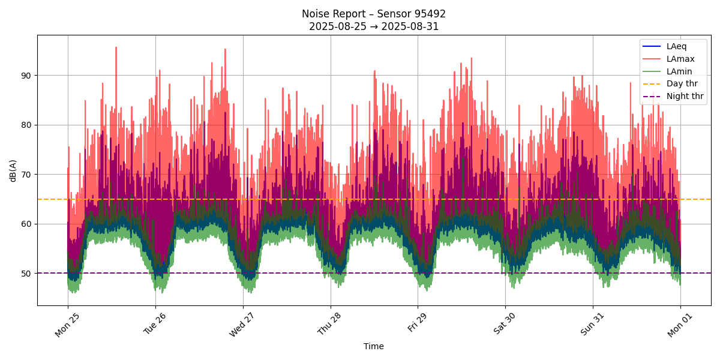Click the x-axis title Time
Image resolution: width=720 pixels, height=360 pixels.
pyautogui.click(x=373, y=346)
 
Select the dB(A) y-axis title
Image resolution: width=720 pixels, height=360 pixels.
pyautogui.click(x=13, y=170)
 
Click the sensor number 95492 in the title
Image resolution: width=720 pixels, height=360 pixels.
pyautogui.click(x=427, y=14)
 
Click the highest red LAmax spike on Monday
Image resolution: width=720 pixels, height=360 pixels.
pyautogui.click(x=116, y=47)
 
